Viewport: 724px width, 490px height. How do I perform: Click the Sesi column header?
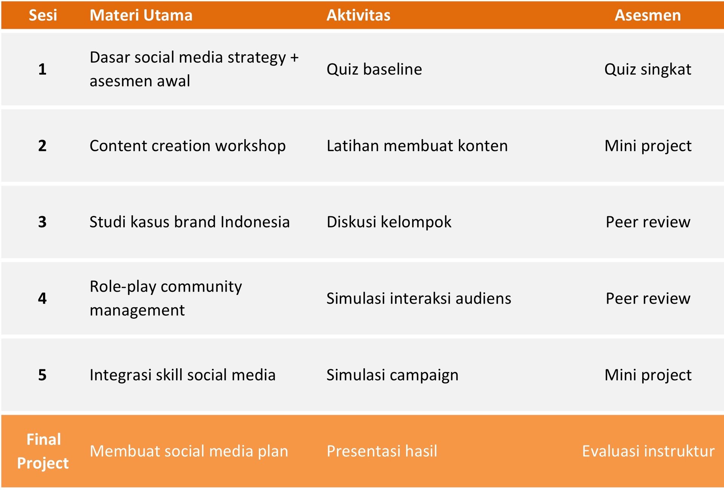coord(43,15)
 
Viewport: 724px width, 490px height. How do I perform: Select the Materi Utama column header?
coord(141,15)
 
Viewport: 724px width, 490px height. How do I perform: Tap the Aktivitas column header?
coord(358,15)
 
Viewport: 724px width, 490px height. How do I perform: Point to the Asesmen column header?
coord(648,15)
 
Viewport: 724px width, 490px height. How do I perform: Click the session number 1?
coord(42,69)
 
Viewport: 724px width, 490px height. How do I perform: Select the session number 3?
coord(42,222)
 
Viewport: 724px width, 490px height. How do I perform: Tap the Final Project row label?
coord(43,451)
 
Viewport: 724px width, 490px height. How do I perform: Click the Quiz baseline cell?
coord(374,69)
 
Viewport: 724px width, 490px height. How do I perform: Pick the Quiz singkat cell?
coord(648,69)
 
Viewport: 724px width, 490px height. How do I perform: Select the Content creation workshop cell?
coord(187,146)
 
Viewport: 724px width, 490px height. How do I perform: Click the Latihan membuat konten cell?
coord(417,146)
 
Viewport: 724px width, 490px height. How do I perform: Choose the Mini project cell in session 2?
coord(648,146)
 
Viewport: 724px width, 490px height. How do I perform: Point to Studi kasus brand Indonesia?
coord(189,222)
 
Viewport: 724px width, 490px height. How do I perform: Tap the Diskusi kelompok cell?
coord(389,222)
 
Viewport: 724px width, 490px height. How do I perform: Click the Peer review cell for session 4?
coord(648,298)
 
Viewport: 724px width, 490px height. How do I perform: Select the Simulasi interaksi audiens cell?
coord(419,298)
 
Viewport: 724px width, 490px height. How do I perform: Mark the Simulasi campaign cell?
coord(392,375)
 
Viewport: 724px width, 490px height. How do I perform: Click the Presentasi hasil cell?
coord(382,451)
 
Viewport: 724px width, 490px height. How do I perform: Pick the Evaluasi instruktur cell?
coord(648,451)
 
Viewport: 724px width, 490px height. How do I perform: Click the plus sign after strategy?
coord(295,58)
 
